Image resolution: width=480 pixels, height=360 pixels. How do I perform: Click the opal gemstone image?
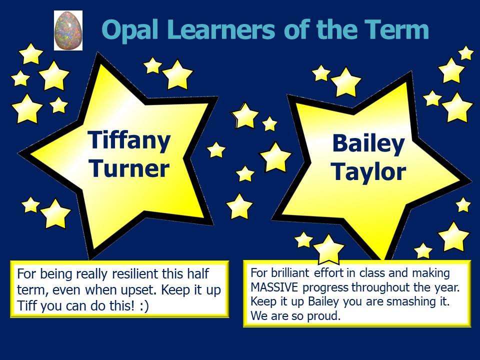pyautogui.click(x=68, y=30)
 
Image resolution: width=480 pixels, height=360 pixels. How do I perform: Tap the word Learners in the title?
pyautogui.click(x=221, y=29)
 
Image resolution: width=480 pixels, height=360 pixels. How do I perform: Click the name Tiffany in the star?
pyautogui.click(x=129, y=140)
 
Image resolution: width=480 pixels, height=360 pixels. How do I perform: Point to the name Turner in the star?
pyautogui.click(x=129, y=168)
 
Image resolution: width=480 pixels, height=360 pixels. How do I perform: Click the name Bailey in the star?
pyautogui.click(x=368, y=144)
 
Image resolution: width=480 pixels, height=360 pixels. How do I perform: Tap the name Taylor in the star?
pyautogui.click(x=368, y=172)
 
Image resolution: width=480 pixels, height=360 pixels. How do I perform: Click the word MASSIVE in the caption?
pyautogui.click(x=274, y=287)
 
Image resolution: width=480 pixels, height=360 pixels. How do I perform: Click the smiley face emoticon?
pyautogui.click(x=144, y=306)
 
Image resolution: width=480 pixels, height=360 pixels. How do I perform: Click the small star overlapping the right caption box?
pyautogui.click(x=329, y=249)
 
